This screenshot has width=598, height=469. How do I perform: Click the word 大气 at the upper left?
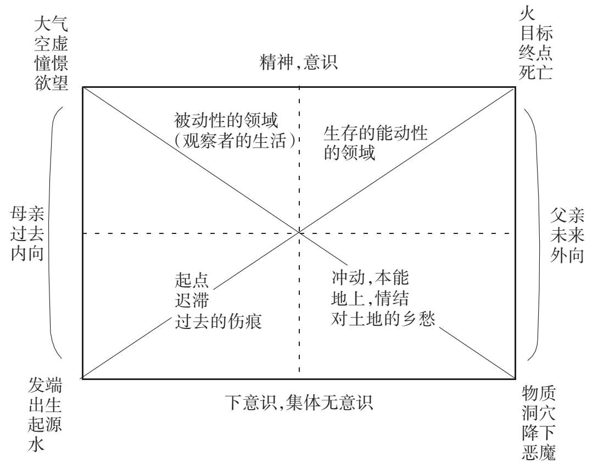pyautogui.click(x=51, y=24)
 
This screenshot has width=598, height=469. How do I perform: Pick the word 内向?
pyautogui.click(x=27, y=255)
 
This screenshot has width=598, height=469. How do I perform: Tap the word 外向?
pyautogui.click(x=567, y=255)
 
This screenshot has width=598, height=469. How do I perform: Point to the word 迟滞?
pyautogui.click(x=192, y=300)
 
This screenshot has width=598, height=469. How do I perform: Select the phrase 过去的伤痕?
pyautogui.click(x=218, y=321)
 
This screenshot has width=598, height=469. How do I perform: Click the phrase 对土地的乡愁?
pyautogui.click(x=383, y=319)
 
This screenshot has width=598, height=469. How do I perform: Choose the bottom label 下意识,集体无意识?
pyautogui.click(x=299, y=403)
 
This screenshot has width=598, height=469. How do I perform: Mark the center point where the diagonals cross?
pyautogui.click(x=299, y=233)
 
